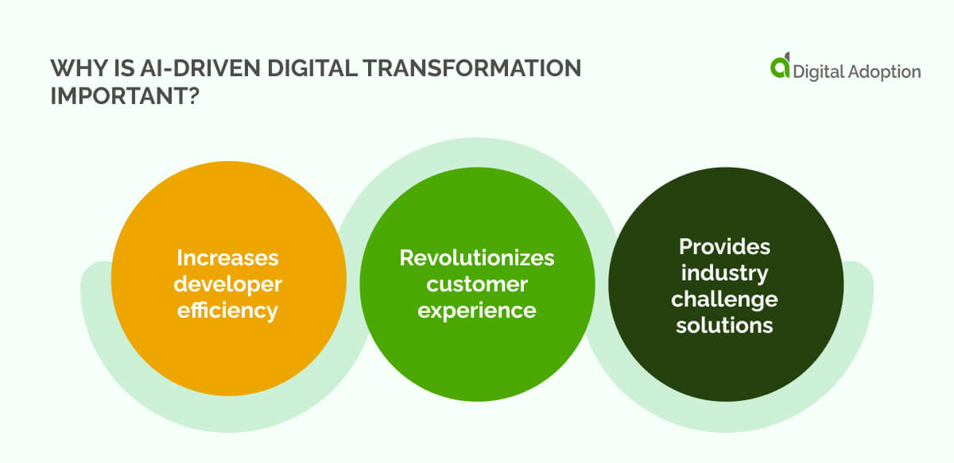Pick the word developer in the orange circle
pos(228,284)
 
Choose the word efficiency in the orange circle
pos(228,310)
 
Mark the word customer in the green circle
pos(477,284)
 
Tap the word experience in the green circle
pos(477,310)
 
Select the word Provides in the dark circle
pos(724,246)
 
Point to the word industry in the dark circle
pos(724,272)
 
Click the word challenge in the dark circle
pos(724,299)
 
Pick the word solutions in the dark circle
pos(724,325)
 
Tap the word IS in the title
pos(120,69)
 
